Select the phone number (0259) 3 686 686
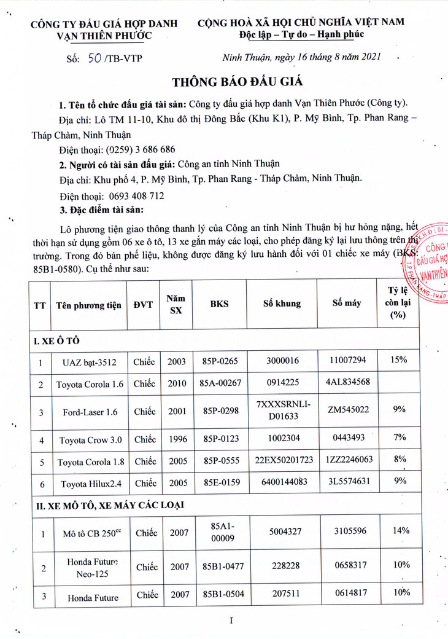141,149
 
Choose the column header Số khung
282,304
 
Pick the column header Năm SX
176,304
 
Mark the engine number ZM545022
348,410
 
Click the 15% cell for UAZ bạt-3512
399,359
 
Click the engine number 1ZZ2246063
348,461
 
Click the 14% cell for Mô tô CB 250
399,532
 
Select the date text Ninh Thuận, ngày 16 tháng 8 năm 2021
301,57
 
